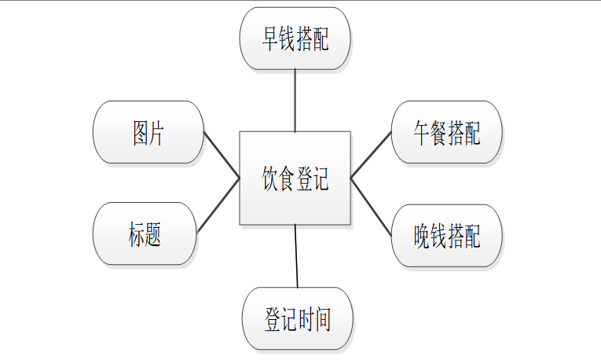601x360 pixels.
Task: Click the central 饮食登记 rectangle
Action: (295, 178)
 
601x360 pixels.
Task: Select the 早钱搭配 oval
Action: (295, 39)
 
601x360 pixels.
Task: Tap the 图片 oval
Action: (148, 132)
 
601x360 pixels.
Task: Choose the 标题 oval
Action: (145, 233)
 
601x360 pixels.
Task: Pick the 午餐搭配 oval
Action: (446, 133)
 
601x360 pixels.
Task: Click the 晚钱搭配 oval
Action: (446, 236)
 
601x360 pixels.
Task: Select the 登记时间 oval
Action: (298, 318)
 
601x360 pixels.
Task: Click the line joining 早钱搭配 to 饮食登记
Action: (295, 100)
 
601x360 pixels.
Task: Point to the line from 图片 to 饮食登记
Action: (222, 155)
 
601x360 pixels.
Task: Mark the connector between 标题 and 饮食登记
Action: (218, 206)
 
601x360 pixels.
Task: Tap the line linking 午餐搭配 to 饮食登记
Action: (371, 155)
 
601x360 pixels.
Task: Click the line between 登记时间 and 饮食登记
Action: (297, 255)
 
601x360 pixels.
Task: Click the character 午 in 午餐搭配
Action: (423, 134)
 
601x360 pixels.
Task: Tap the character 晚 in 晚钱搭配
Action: (423, 236)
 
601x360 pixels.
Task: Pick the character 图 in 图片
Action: (141, 133)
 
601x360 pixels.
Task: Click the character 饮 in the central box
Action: (270, 179)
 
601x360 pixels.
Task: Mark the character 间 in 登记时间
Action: (321, 319)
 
